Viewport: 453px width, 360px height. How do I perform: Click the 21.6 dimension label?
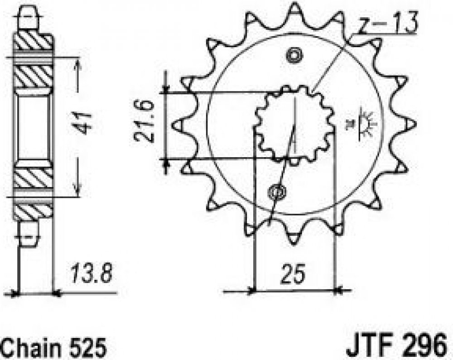144,121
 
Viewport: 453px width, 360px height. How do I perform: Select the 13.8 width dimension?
92,273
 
